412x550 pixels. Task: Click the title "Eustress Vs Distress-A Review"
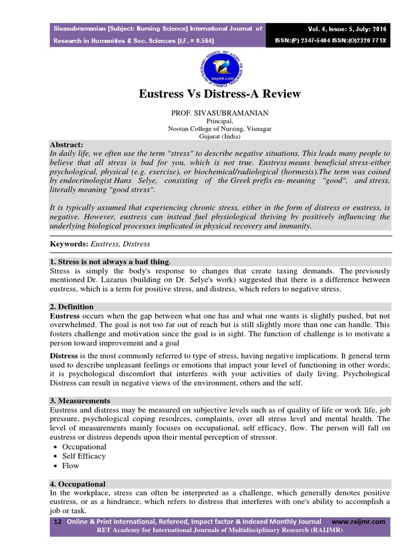pyautogui.click(x=220, y=94)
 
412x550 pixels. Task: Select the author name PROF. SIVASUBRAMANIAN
pyautogui.click(x=220, y=113)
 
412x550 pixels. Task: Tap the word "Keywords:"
pyautogui.click(x=69, y=244)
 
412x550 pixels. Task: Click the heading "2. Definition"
pyautogui.click(x=72, y=307)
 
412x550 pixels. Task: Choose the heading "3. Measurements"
pyautogui.click(x=80, y=401)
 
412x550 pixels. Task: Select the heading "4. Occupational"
pyautogui.click(x=78, y=484)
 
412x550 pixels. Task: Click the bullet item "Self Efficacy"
pyautogui.click(x=84, y=456)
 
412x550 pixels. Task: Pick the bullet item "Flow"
pyautogui.click(x=70, y=466)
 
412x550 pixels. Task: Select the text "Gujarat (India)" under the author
pyautogui.click(x=220, y=137)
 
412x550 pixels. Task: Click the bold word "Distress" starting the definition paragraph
pyautogui.click(x=64, y=356)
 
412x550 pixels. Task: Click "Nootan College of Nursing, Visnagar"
pyautogui.click(x=220, y=129)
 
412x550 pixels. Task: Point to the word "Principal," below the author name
pyautogui.click(x=220, y=122)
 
